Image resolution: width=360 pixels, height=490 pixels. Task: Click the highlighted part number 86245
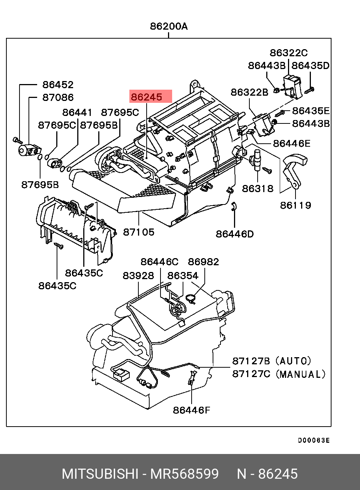pos(147,97)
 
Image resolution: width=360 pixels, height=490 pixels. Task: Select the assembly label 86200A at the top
pos(169,26)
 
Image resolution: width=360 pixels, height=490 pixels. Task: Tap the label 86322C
pos(288,53)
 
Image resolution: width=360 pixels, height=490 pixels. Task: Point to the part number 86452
pos(58,85)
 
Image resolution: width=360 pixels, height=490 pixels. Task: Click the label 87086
pos(58,98)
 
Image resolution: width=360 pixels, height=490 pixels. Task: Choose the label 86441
pos(77,113)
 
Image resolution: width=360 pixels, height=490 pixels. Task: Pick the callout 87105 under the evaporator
pos(139,232)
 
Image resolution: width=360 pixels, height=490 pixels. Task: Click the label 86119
pos(295,205)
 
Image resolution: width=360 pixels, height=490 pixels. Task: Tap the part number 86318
pos(258,188)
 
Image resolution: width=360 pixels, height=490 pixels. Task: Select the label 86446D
pos(234,234)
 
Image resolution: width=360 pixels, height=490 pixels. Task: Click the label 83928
pos(138,276)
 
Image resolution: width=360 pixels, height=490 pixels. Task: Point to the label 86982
pos(203,262)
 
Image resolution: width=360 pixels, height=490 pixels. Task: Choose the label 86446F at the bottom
pos(191,410)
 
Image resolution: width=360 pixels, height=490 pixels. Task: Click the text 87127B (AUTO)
pos(271,361)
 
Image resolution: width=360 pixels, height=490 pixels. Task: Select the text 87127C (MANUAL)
pos(279,374)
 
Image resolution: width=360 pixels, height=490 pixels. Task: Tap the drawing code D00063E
pos(314,440)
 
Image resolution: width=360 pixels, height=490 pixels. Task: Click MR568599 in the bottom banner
pos(184,474)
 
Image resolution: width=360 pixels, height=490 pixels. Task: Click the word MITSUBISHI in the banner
pos(100,474)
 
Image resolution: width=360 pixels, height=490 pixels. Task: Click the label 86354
pos(183,276)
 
